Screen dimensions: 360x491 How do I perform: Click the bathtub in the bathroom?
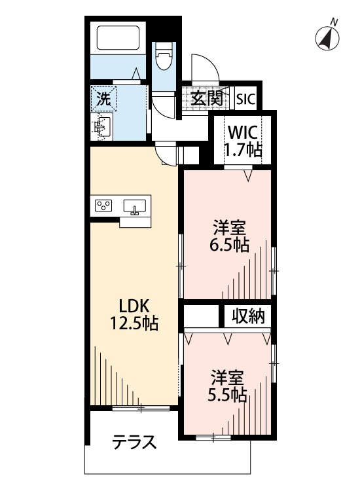[118, 37]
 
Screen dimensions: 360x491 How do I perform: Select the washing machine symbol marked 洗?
[103, 99]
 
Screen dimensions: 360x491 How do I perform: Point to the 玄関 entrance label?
[207, 98]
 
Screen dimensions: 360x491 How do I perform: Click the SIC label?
[246, 100]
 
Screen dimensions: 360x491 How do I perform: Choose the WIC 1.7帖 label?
[244, 141]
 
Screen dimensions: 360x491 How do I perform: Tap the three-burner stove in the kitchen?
[104, 206]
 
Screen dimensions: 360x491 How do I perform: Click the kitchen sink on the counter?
[135, 207]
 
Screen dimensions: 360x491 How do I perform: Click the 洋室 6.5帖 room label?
[229, 236]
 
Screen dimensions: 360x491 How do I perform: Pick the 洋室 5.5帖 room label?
[228, 386]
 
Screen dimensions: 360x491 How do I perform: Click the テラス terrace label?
[134, 443]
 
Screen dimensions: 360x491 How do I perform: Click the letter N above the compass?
[334, 22]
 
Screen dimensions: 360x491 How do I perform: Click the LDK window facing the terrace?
[141, 408]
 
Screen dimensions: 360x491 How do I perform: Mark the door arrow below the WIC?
[248, 175]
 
